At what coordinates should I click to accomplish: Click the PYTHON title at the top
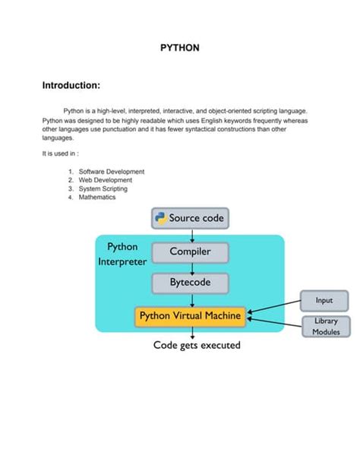pos(179,48)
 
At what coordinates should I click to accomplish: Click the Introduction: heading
pos(71,85)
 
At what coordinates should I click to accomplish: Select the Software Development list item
pos(111,172)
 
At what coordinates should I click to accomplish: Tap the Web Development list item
pos(106,180)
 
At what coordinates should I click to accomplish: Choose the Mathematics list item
pos(97,197)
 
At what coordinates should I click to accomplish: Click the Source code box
pos(190,219)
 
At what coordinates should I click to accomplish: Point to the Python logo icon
pos(160,219)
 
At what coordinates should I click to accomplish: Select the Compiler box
pos(190,251)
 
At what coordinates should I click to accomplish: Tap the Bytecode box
pos(190,283)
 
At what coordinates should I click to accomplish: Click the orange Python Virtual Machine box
pos(190,316)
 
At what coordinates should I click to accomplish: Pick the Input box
pos(324,301)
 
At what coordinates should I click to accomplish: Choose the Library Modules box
pos(326,327)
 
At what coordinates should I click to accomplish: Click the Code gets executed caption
pos(197,346)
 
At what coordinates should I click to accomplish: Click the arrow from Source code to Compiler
pos(191,236)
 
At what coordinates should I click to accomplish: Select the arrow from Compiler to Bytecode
pos(191,267)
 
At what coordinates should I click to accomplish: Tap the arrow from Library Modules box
pos(275,321)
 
